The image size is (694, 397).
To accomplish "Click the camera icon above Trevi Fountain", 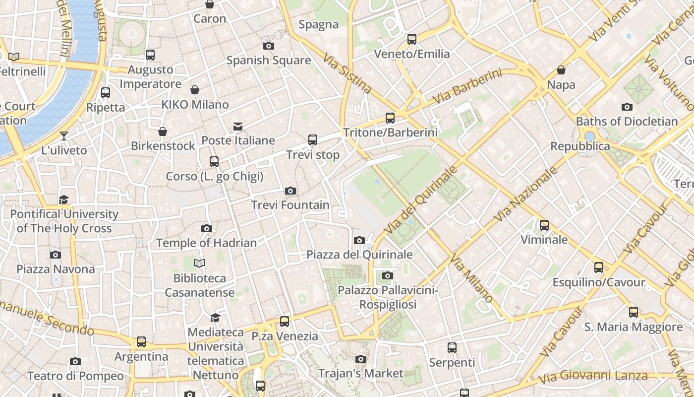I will tap(291, 191).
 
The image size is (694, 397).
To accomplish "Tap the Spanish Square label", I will tap(269, 61).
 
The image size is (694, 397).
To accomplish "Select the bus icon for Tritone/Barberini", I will tap(390, 118).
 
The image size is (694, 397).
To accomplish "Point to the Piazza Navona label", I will tap(56, 269).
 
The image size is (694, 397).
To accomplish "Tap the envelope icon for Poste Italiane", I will tap(238, 127).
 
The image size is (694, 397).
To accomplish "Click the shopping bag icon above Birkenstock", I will tap(163, 132).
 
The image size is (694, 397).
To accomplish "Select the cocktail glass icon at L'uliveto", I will tap(64, 136).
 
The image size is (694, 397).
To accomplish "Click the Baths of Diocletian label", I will tap(627, 121).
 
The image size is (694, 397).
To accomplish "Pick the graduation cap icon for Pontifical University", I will tap(64, 199).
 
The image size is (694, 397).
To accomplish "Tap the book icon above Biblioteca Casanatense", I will tap(199, 263).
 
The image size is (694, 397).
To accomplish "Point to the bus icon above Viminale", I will tap(544, 225).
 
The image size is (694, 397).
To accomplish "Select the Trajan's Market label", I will tap(361, 373).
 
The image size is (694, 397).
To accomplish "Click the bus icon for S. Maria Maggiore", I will tap(634, 312).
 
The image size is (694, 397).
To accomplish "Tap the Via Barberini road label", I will tap(467, 87).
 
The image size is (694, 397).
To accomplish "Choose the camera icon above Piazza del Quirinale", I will tap(359, 241).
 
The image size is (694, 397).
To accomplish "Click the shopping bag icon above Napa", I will tap(561, 70).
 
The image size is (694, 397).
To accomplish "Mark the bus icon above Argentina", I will tap(141, 342).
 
